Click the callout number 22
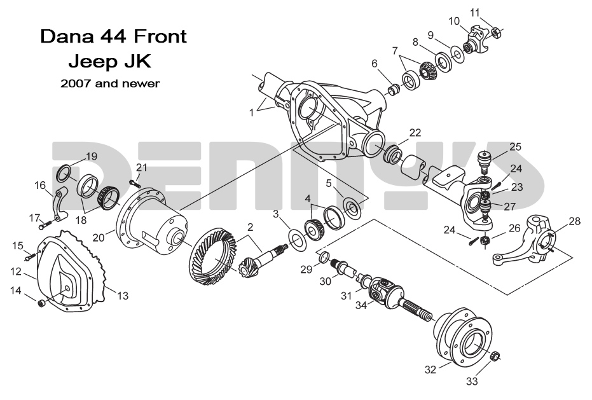pyautogui.click(x=415, y=133)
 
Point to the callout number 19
pyautogui.click(x=92, y=156)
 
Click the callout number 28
pyautogui.click(x=574, y=221)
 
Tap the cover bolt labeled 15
pyautogui.click(x=29, y=257)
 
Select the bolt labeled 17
pyautogui.click(x=43, y=224)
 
